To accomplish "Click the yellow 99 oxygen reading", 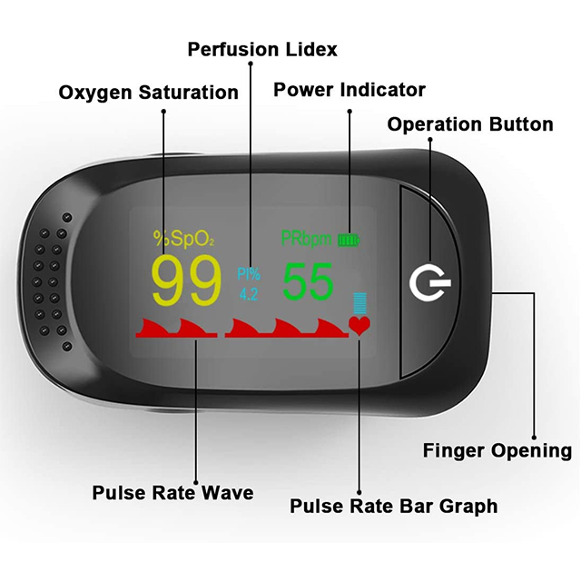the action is tap(186, 281).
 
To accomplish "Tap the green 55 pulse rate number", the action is tap(309, 281).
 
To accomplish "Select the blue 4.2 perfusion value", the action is tap(248, 293).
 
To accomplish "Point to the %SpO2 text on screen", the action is tap(183, 239).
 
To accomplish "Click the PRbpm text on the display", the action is tap(307, 239).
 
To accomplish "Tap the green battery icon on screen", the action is tap(350, 240).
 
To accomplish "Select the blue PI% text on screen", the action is tap(248, 272).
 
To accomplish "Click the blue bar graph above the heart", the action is tap(359, 303).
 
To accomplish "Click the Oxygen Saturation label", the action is tap(148, 93).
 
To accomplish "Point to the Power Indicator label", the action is tap(350, 90).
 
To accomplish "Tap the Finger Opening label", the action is tap(497, 450).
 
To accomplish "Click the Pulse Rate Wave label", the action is tap(172, 493).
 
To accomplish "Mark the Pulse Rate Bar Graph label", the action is tap(393, 507).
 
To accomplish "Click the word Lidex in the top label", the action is tap(307, 49).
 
